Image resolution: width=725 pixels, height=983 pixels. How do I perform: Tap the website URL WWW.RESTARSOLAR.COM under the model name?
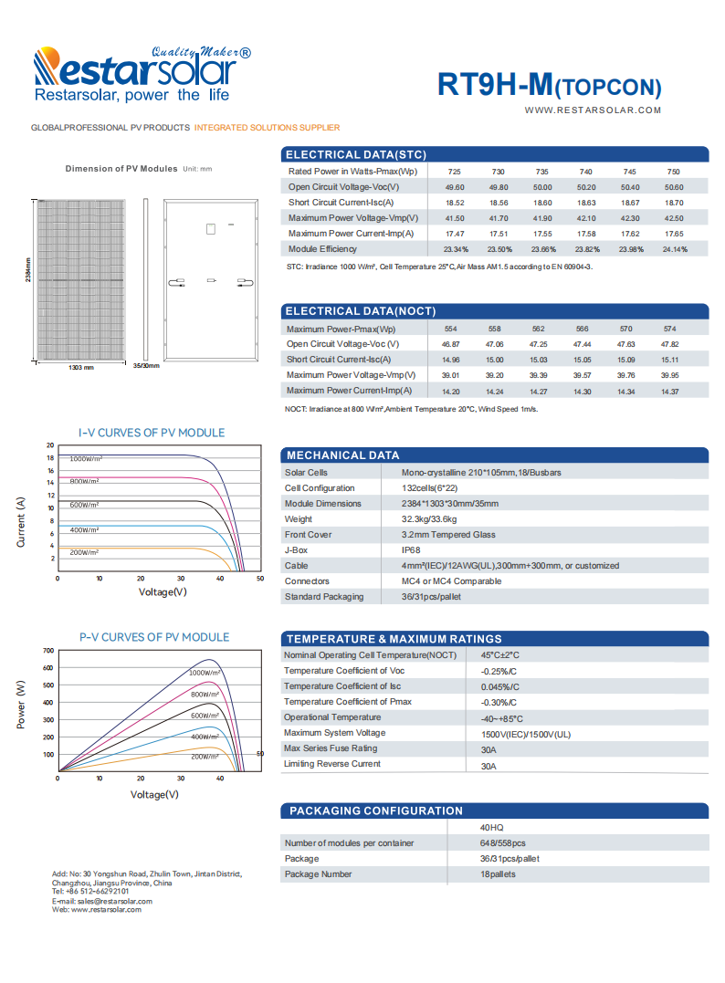click(x=593, y=110)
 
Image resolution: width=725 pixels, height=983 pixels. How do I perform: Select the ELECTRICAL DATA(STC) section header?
click(x=355, y=154)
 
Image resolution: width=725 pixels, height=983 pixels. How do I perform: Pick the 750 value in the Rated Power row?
click(x=673, y=172)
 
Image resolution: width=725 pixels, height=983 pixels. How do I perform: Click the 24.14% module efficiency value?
click(x=674, y=249)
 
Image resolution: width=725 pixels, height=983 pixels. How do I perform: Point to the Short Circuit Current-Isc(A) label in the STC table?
click(x=341, y=203)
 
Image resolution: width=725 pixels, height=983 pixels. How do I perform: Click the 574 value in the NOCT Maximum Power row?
click(x=670, y=329)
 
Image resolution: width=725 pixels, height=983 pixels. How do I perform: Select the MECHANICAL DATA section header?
click(x=342, y=455)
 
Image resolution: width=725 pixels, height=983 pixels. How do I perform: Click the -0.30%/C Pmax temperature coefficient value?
click(x=499, y=703)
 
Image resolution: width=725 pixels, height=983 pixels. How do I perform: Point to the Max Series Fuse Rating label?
click(x=330, y=748)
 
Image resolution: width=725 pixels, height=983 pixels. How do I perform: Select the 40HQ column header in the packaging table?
click(x=491, y=828)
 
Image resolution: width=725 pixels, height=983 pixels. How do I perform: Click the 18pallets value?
click(x=498, y=874)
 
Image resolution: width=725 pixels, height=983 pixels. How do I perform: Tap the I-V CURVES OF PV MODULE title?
click(x=152, y=433)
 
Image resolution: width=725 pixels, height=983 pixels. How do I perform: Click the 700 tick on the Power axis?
click(x=48, y=651)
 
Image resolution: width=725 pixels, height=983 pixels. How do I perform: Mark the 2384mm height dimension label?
click(x=28, y=270)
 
